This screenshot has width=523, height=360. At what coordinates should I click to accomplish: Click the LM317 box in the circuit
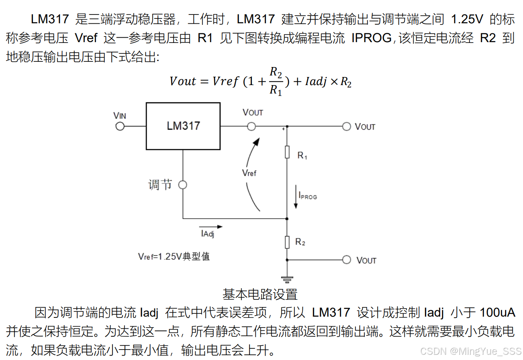click(183, 126)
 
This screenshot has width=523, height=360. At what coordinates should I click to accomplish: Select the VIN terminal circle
click(119, 126)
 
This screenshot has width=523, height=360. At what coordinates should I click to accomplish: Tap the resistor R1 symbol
click(287, 153)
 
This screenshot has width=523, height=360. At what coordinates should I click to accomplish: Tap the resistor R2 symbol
click(287, 242)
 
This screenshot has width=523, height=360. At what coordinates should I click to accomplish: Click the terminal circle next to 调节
click(182, 185)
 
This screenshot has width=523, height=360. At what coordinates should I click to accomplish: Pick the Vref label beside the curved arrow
click(249, 173)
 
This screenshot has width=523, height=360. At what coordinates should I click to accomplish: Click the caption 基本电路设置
click(260, 294)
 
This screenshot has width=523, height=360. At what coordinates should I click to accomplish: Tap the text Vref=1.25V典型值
click(174, 256)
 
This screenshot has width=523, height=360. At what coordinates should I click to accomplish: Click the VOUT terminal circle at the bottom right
click(346, 260)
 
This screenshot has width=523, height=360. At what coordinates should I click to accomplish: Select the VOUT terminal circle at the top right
click(346, 126)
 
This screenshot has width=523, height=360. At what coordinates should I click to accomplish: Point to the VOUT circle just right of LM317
click(251, 126)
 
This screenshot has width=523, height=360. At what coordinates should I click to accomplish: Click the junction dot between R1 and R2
click(287, 219)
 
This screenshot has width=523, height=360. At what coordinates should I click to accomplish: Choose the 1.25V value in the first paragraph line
click(467, 19)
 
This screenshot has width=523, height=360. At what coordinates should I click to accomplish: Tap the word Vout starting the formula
click(183, 81)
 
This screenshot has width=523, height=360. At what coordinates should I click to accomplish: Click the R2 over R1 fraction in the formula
click(275, 81)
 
